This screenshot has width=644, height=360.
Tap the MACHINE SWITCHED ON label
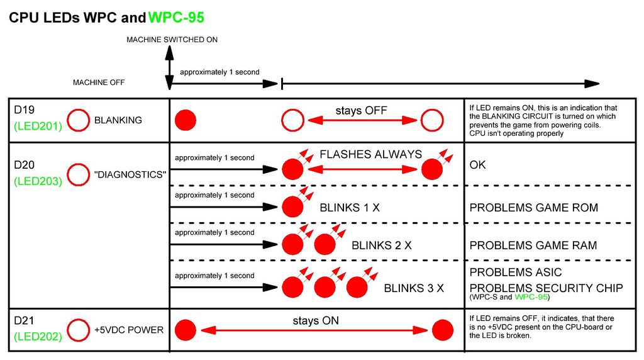[x=172, y=40]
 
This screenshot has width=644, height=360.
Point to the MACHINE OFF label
[x=99, y=82]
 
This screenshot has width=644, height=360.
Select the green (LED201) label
[x=38, y=127]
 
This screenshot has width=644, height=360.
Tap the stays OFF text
[x=361, y=111]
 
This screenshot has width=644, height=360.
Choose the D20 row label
[x=25, y=165]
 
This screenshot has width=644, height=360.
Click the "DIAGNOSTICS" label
[x=130, y=175]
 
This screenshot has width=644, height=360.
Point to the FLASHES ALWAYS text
[x=370, y=154]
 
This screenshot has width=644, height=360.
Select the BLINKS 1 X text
[x=350, y=208]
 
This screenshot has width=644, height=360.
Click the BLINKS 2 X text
[x=381, y=245]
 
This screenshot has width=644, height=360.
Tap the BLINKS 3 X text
[x=414, y=288]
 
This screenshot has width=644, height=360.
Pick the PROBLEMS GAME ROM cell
[x=533, y=208]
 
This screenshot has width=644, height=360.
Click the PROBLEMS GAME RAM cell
[x=533, y=245]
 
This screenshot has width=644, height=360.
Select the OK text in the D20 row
[x=478, y=165]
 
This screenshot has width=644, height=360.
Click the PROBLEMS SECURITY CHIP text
[x=546, y=288]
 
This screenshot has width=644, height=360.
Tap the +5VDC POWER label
[x=128, y=330]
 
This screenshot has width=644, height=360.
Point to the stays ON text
[x=316, y=321]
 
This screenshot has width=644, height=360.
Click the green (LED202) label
[x=38, y=337]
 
